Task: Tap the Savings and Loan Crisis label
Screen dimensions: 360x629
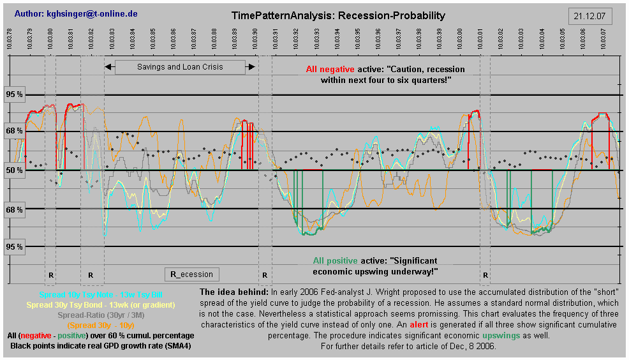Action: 180,66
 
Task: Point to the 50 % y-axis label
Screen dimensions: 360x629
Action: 15,170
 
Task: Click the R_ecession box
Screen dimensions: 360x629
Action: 192,274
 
